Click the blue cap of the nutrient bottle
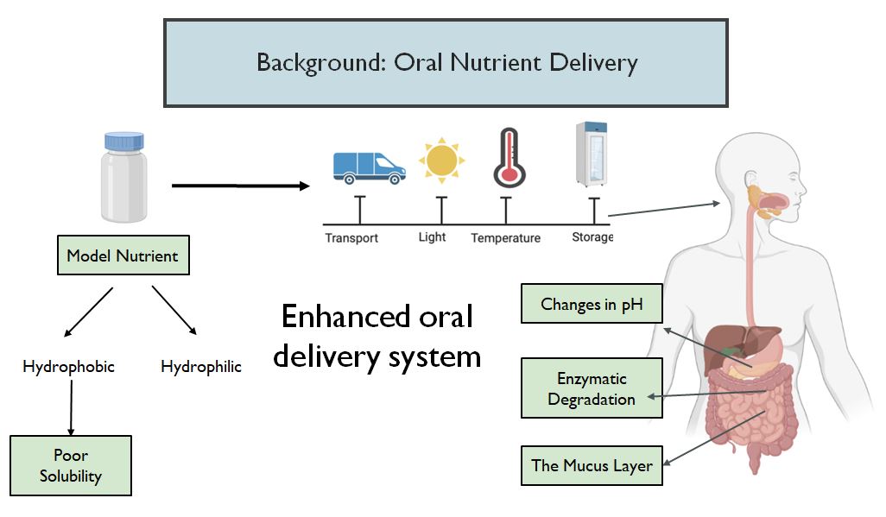(123, 142)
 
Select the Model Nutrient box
(123, 255)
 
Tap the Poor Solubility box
(71, 465)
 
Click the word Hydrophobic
(68, 367)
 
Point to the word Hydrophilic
(201, 367)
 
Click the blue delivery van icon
(369, 167)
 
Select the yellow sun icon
(442, 161)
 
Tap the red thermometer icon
(509, 158)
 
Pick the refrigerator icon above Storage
(591, 154)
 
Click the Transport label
(351, 238)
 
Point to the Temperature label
(506, 238)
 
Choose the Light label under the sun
(433, 236)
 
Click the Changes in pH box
(592, 304)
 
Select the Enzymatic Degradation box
(592, 388)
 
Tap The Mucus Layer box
(592, 465)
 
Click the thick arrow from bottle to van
(241, 186)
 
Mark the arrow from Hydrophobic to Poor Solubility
(71, 407)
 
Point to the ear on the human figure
(751, 180)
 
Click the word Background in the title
(321, 63)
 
